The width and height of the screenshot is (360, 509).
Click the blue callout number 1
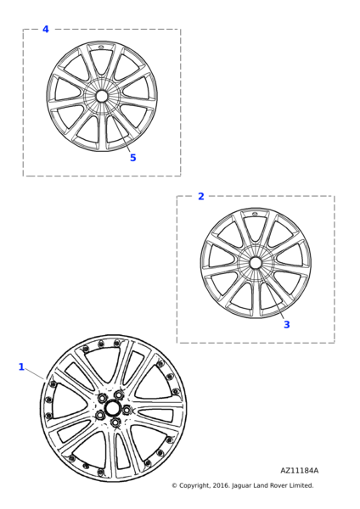[21, 366]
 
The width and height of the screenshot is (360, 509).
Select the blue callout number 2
[201, 196]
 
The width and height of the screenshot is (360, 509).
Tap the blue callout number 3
[287, 325]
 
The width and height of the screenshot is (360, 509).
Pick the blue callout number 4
[46, 29]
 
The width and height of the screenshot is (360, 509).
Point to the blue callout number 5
[133, 158]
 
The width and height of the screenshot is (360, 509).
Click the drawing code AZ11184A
[299, 470]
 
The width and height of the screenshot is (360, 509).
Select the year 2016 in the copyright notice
[221, 485]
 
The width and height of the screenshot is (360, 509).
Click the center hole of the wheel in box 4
[102, 96]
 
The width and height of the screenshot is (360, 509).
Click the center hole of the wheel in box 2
[255, 263]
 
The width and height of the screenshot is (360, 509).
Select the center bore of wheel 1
[113, 409]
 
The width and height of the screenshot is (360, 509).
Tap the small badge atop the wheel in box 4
[100, 48]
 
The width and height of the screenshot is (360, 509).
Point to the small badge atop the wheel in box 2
[255, 214]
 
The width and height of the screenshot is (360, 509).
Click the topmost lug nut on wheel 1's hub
[119, 394]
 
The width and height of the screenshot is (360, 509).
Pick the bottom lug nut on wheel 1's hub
[115, 422]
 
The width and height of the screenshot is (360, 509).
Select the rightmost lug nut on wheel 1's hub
[127, 410]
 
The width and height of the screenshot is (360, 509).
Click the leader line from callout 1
[35, 373]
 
